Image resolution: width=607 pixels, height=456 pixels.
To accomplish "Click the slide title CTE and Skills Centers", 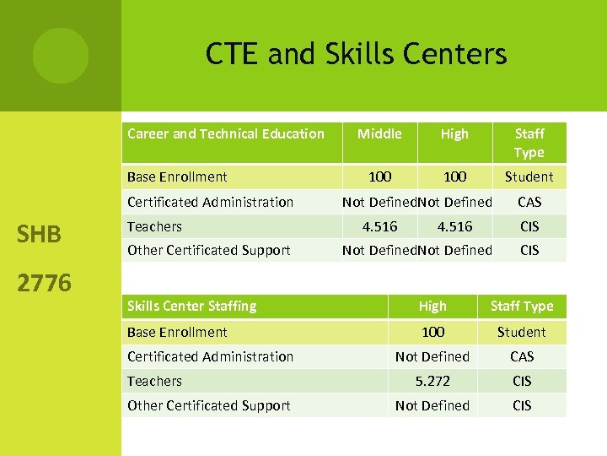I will point(356,55).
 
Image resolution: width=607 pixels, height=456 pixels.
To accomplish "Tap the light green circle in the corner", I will point(60,56).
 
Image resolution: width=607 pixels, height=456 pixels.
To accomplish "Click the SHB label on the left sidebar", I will point(39,234).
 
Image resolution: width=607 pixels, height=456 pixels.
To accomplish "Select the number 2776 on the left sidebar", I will point(43,283).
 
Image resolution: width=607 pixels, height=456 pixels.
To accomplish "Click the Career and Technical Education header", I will point(225,133).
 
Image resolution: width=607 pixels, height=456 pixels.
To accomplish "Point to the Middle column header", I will point(379,133).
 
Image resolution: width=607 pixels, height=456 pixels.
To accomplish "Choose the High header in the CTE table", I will point(454,133).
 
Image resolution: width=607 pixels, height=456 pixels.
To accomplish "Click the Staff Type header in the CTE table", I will point(529,143).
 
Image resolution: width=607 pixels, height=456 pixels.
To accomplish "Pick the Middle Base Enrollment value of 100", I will point(379,176).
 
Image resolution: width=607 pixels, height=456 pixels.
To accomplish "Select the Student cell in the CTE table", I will point(529,176).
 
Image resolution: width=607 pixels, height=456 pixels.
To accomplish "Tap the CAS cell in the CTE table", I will point(529,202).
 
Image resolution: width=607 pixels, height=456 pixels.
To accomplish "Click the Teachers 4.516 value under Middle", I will point(379,226).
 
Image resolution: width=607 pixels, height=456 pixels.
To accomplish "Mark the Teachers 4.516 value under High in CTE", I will point(454,226).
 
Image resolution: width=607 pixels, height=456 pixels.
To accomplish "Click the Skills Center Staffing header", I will point(191,306).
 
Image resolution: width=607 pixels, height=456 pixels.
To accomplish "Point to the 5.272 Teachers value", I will point(432,381).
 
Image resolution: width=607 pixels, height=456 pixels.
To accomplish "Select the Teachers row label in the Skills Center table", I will point(154,381).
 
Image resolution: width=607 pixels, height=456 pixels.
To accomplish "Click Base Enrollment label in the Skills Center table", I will point(177,332).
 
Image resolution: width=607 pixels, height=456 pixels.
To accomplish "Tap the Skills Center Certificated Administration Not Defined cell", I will point(432,356).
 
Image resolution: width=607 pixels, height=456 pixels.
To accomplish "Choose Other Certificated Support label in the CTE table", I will point(208,250).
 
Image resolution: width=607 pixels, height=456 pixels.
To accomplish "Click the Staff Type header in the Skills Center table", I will point(522,306).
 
